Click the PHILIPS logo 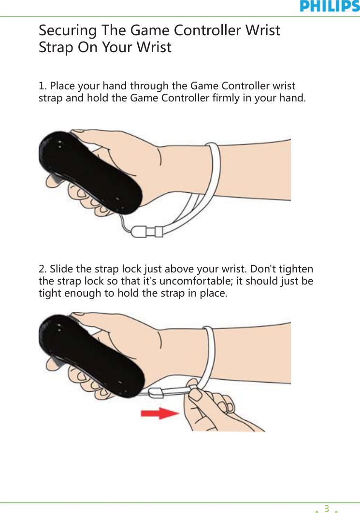(330, 6)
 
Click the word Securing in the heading (67, 30)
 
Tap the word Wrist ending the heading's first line (262, 30)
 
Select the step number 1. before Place (43, 86)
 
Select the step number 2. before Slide (43, 269)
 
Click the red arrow (160, 413)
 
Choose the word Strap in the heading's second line (54, 47)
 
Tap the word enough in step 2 (79, 294)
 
